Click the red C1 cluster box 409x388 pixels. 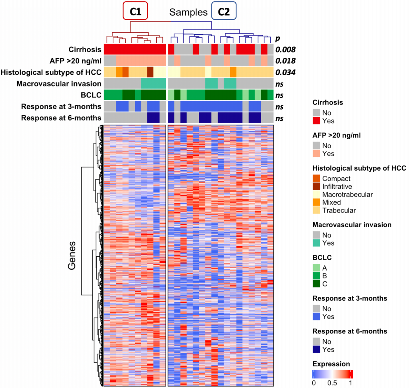pyautogui.click(x=136, y=11)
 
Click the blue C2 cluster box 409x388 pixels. pyautogui.click(x=224, y=11)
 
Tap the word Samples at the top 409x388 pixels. pyautogui.click(x=188, y=12)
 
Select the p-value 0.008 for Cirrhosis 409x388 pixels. pyautogui.click(x=285, y=50)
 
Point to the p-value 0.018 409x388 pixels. pyautogui.click(x=285, y=61)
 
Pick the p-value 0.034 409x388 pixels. pyautogui.click(x=285, y=72)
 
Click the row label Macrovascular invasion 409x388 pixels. pyautogui.click(x=59, y=84)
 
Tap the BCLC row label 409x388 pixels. pyautogui.click(x=91, y=95)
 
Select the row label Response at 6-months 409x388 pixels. pyautogui.click(x=61, y=118)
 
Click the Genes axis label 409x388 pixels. pyautogui.click(x=72, y=256)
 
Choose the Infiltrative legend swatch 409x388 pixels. pyautogui.click(x=316, y=186)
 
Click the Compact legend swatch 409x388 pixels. pyautogui.click(x=316, y=178)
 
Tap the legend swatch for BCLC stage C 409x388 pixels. pyautogui.click(x=316, y=283)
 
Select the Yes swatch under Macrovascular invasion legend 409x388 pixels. pyautogui.click(x=316, y=243)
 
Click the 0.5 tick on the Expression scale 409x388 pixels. pyautogui.click(x=332, y=383)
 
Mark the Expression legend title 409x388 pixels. pyautogui.click(x=331, y=364)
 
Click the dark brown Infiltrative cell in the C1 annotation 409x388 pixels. pyautogui.click(x=150, y=72)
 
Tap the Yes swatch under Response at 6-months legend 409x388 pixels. pyautogui.click(x=316, y=349)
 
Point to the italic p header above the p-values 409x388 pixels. pyautogui.click(x=277, y=39)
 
